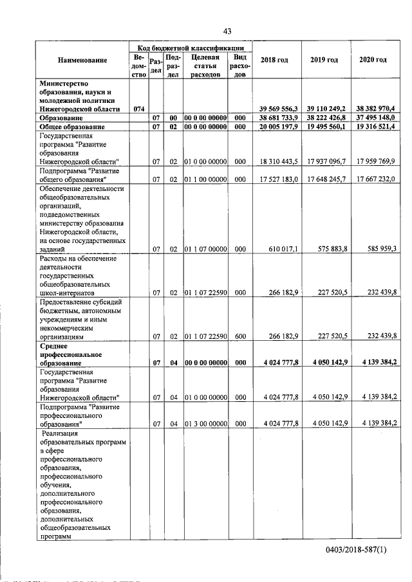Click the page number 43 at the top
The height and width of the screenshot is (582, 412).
pyautogui.click(x=227, y=31)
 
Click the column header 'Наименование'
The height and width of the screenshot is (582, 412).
pyautogui.click(x=82, y=60)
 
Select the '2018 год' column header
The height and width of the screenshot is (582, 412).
pyautogui.click(x=274, y=60)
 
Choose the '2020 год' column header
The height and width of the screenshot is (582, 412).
pyautogui.click(x=373, y=60)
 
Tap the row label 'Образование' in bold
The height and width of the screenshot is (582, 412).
pyautogui.click(x=61, y=119)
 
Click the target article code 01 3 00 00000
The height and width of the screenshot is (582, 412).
pyautogui.click(x=206, y=424)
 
